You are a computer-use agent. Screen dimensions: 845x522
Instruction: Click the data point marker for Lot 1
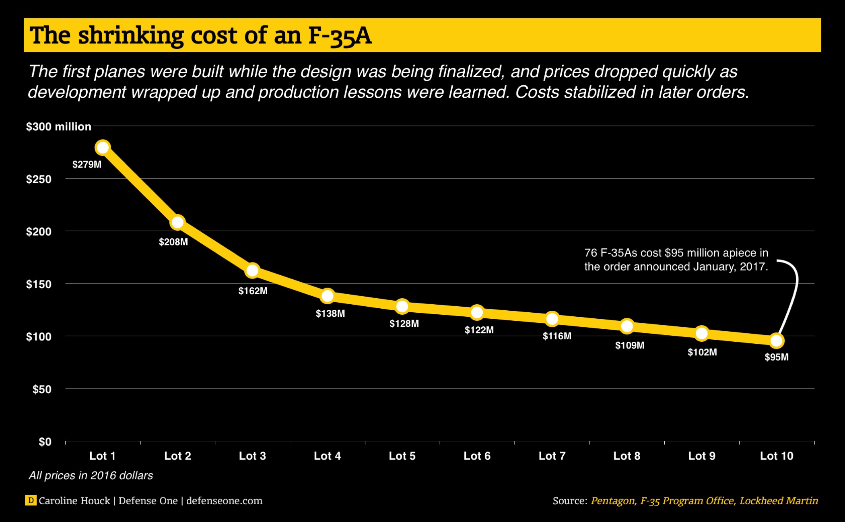103,148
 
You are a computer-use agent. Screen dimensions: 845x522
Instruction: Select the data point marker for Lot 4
328,296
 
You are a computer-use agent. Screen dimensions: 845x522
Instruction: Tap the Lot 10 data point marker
777,341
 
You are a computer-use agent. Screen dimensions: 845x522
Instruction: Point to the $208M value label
173,242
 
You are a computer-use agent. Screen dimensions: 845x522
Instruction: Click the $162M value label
253,291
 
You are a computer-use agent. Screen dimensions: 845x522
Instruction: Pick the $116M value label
557,336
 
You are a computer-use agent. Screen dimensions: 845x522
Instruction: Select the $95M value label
777,357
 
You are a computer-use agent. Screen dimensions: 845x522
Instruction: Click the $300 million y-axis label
59,127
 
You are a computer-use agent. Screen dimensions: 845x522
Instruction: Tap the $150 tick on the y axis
39,284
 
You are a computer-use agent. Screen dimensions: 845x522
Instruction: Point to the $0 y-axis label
45,442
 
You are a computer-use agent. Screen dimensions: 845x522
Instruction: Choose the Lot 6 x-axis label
477,456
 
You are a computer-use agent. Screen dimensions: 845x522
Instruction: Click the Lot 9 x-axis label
702,456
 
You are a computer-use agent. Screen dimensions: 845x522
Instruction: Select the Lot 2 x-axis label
177,456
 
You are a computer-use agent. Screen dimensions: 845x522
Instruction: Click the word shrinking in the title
131,36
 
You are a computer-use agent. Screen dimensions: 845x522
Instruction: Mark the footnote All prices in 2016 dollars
91,476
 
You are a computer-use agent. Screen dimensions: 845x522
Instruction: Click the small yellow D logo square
31,500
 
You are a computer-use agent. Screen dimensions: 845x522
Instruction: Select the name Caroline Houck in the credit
74,501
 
